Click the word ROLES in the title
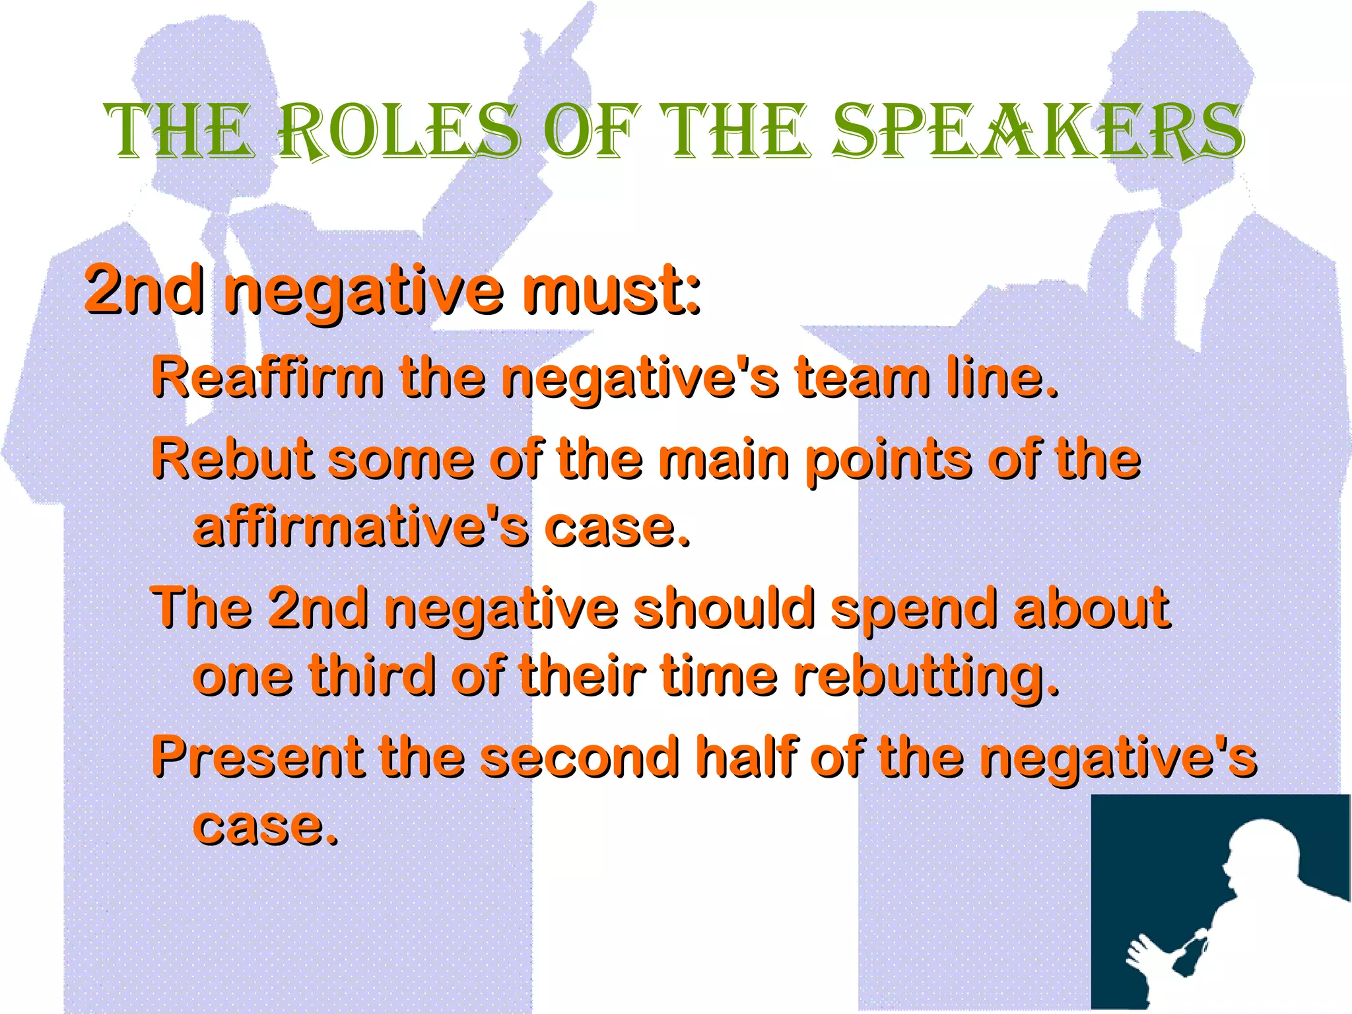399,132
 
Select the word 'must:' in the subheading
611,290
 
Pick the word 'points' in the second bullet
889,460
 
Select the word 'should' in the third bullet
724,609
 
